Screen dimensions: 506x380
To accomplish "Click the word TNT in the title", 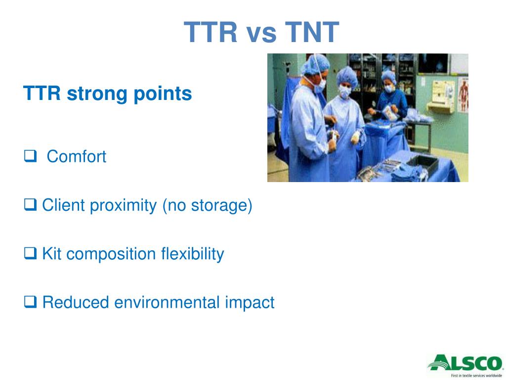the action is pos(312,32).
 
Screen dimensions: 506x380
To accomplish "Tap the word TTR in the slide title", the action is pos(211,32).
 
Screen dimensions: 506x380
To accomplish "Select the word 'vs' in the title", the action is pos(261,34).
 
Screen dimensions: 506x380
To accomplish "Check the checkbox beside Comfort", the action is pos(30,156).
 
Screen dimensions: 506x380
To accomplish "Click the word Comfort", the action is pos(77,157).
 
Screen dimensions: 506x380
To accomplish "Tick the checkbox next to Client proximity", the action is pos(30,204).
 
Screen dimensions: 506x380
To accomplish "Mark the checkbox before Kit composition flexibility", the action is pos(30,253).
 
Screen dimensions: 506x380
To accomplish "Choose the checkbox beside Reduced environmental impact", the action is pos(30,301).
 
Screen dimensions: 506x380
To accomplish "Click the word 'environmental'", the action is pos(167,302).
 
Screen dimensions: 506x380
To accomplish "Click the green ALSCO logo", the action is pos(465,363).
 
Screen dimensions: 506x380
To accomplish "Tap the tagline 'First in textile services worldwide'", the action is pos(476,376).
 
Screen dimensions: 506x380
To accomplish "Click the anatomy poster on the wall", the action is pos(463,95).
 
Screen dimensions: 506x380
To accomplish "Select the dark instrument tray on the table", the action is pos(423,163).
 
